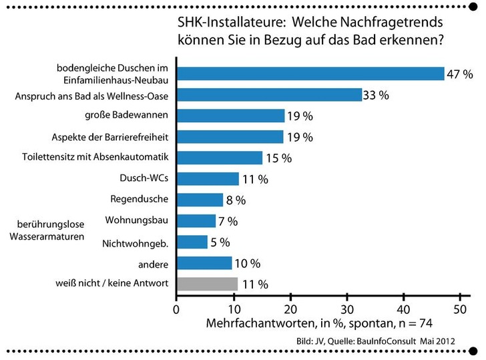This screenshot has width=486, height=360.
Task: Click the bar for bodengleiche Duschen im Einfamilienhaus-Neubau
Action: point(310,73)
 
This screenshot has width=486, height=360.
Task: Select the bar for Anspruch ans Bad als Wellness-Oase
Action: point(268,95)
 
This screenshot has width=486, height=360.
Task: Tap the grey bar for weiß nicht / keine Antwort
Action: point(206,283)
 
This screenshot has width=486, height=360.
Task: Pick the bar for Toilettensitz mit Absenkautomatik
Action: point(219,158)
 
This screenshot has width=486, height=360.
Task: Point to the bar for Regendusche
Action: point(199,200)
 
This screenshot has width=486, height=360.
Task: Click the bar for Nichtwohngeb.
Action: point(192,242)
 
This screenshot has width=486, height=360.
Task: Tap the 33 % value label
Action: point(376,95)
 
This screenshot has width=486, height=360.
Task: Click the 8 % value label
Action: point(236,200)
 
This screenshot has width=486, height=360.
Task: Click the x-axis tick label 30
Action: point(346,309)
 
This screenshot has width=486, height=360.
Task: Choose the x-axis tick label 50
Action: point(459,309)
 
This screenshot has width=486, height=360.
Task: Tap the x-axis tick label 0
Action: point(176,309)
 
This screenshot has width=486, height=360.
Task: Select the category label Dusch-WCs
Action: point(144,178)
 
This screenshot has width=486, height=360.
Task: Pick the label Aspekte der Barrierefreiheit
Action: point(109,137)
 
